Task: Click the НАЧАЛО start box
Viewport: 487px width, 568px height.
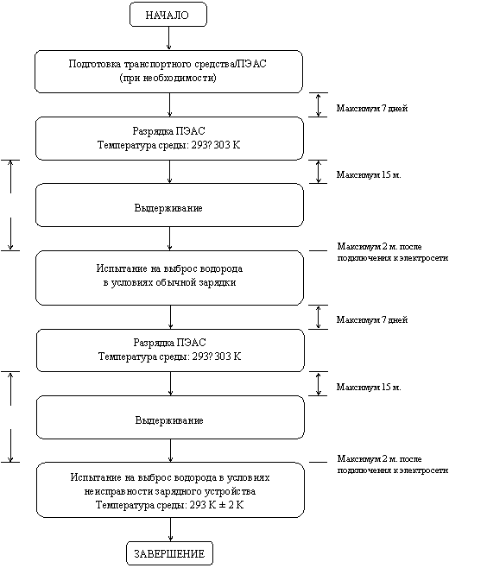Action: pos(168,15)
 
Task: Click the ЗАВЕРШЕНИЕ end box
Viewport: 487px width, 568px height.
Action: pos(169,553)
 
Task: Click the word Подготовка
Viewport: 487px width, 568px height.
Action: pos(95,64)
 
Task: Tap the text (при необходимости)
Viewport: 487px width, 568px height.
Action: pos(168,78)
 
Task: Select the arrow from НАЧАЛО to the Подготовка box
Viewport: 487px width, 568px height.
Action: pos(168,38)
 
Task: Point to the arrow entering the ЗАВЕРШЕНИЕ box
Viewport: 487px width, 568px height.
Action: pos(170,529)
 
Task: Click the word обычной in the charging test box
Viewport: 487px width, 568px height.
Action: pos(174,282)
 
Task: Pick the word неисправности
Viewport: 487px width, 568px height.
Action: pos(119,491)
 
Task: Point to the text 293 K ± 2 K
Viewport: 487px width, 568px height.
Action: pos(217,505)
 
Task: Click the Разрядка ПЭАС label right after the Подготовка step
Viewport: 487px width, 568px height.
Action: pos(169,130)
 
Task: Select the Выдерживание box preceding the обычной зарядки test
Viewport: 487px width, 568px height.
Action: pos(169,205)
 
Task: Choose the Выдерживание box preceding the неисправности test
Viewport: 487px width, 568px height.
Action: pos(170,417)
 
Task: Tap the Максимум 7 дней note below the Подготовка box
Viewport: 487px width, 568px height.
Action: pos(372,108)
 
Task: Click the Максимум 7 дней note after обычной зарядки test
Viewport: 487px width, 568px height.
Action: pos(372,320)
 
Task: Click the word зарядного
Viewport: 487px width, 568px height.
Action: pos(179,491)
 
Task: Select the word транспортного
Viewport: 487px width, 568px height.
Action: pos(154,64)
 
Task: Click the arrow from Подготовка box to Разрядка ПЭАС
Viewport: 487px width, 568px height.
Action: pos(169,104)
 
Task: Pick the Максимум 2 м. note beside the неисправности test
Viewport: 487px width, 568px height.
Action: pos(393,464)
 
